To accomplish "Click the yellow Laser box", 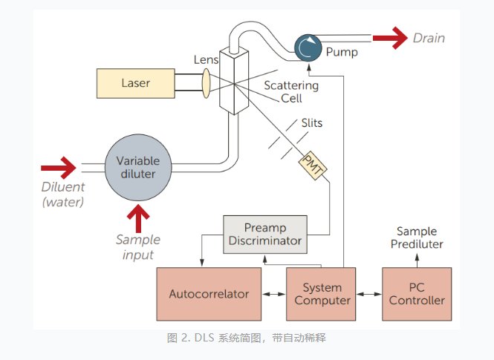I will (135, 83).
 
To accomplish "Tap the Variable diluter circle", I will (139, 168).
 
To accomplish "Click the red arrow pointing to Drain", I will (389, 37).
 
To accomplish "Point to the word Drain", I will (429, 38).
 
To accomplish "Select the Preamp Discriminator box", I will (265, 235).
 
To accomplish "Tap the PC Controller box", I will (417, 294).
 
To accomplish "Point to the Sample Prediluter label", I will (417, 238).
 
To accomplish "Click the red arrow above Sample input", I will (138, 218).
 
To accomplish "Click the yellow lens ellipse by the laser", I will (207, 83).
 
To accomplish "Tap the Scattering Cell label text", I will (291, 91).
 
